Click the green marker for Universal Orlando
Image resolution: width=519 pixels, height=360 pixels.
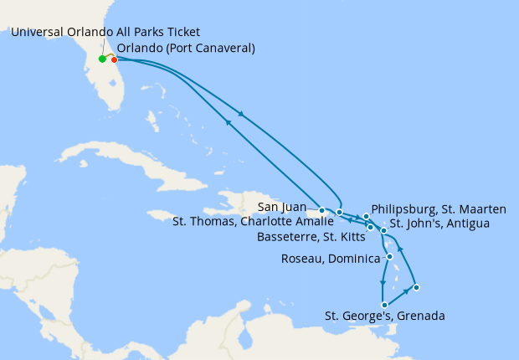[x=102, y=59]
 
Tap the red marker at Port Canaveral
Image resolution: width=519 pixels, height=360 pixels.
[x=114, y=59]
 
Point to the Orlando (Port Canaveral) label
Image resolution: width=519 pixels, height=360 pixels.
[x=186, y=48]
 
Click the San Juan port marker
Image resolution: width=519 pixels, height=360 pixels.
[x=322, y=210]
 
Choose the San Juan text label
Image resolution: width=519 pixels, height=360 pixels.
[x=281, y=208]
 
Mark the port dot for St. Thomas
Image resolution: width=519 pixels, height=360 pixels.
[x=339, y=213]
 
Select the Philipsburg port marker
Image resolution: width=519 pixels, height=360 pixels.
[x=367, y=217]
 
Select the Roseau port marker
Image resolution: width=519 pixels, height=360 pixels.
[x=390, y=256]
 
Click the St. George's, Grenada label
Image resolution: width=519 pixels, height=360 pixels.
[x=384, y=316]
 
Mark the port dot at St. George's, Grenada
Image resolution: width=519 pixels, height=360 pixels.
[x=383, y=305]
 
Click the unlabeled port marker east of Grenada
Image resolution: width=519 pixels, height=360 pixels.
[x=416, y=287]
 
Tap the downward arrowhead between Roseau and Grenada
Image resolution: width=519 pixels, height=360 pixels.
[x=383, y=283]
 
